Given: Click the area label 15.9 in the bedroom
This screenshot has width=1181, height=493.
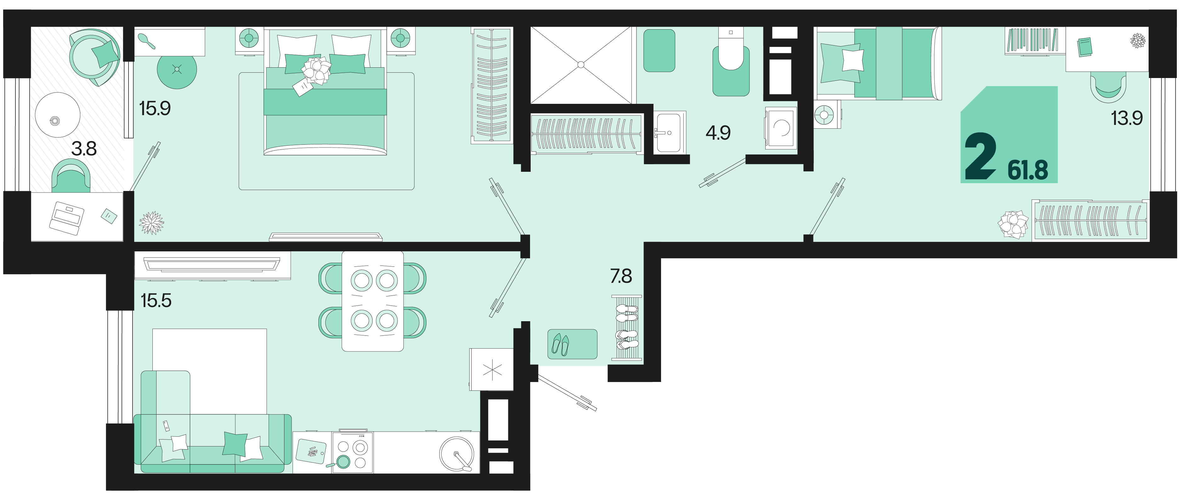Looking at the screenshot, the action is click(x=155, y=109).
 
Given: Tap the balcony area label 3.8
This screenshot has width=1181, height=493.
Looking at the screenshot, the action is click(x=84, y=149).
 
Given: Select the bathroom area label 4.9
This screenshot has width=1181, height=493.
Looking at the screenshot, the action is click(x=718, y=133).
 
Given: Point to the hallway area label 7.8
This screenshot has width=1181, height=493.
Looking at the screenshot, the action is click(x=621, y=276).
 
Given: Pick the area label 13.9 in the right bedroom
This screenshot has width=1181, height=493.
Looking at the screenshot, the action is click(x=1127, y=118).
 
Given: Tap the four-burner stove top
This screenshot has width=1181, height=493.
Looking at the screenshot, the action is click(x=352, y=452).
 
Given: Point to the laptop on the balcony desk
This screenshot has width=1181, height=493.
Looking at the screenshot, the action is click(x=67, y=218).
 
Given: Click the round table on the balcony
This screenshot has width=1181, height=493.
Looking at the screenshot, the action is click(x=57, y=115).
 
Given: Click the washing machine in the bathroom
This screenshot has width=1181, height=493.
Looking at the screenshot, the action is click(x=780, y=128).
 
